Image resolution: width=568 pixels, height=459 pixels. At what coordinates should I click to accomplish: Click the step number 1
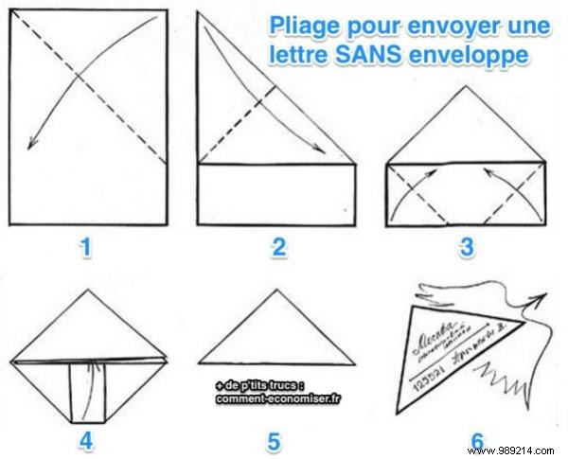pos(87,249)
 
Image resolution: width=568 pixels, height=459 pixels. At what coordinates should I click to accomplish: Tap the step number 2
pos(278,249)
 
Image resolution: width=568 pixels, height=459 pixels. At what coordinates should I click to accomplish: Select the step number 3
pos(466,249)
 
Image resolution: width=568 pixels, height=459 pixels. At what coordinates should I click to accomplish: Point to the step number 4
pos(87,439)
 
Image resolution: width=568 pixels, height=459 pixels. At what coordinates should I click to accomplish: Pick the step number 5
pos(275,439)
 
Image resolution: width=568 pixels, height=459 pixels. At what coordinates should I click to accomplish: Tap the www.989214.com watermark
pos(524,448)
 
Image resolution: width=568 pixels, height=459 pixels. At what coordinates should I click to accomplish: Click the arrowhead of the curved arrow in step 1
pos(32,144)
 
